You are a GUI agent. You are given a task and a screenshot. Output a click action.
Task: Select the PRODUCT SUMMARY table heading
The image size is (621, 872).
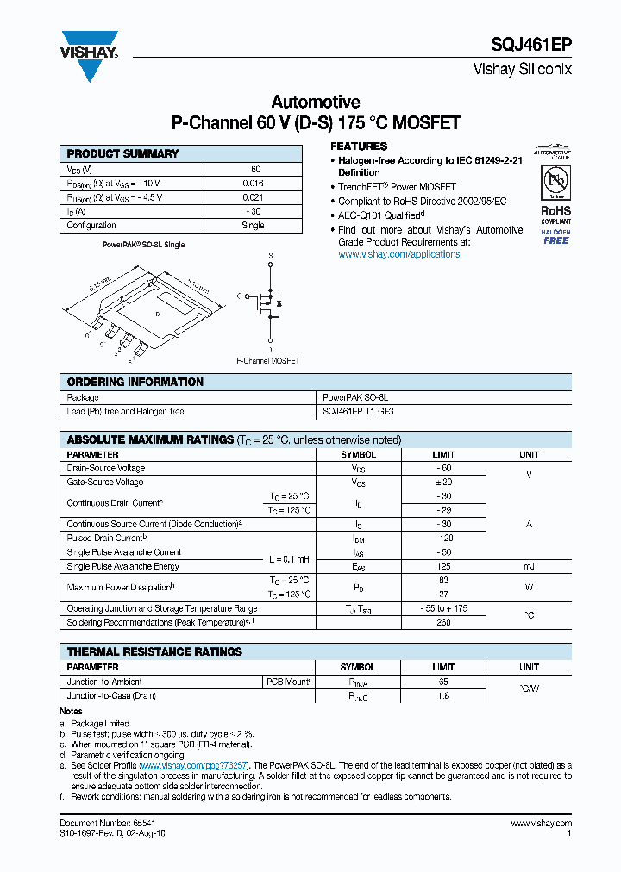122,153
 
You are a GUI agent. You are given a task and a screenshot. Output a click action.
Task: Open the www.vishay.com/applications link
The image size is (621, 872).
398,254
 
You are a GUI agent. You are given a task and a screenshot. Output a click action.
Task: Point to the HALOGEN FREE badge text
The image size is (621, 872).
556,237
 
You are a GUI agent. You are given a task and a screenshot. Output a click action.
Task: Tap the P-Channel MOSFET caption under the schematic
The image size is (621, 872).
268,361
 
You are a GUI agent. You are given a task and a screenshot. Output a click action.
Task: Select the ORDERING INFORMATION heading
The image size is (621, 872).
135,382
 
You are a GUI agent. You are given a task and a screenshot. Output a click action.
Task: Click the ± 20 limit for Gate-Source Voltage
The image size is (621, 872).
443,483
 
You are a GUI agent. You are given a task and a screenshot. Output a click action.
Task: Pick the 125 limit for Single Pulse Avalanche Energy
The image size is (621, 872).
443,566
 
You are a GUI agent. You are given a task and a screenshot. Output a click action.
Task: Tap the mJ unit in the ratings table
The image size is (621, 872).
529,566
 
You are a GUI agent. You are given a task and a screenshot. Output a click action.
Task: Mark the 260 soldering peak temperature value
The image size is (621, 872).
443,622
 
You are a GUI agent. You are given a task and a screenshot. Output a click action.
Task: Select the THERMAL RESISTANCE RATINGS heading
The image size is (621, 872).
154,651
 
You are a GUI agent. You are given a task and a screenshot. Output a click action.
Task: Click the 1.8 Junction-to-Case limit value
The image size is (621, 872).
443,695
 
